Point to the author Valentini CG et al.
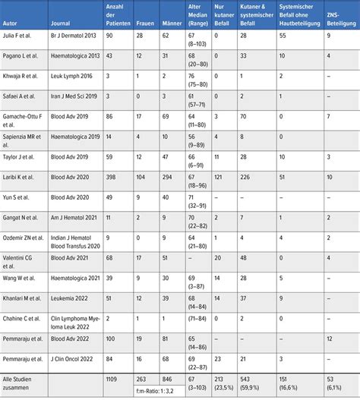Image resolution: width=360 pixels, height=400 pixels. [24, 257]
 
